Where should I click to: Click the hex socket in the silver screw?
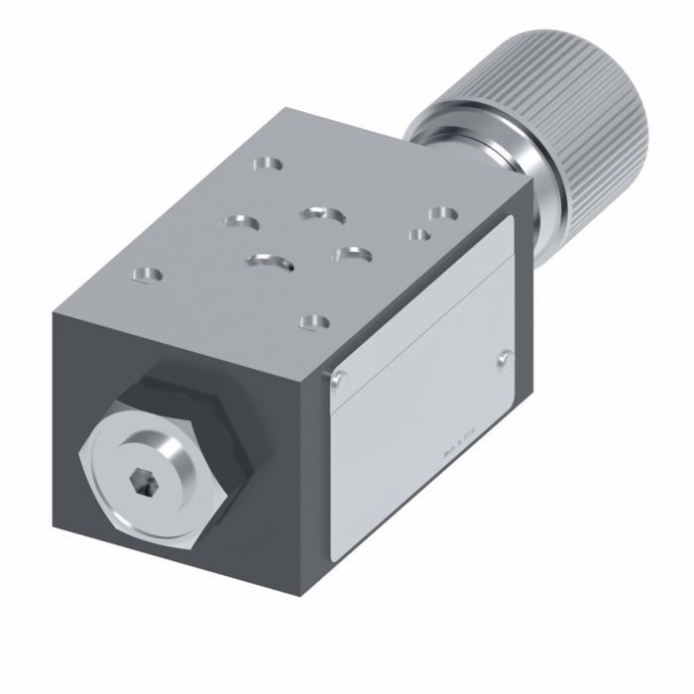click(141, 482)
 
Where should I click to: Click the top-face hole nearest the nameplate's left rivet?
click(314, 321)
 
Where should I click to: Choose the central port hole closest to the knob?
click(320, 213)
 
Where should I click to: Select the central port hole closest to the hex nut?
click(271, 262)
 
